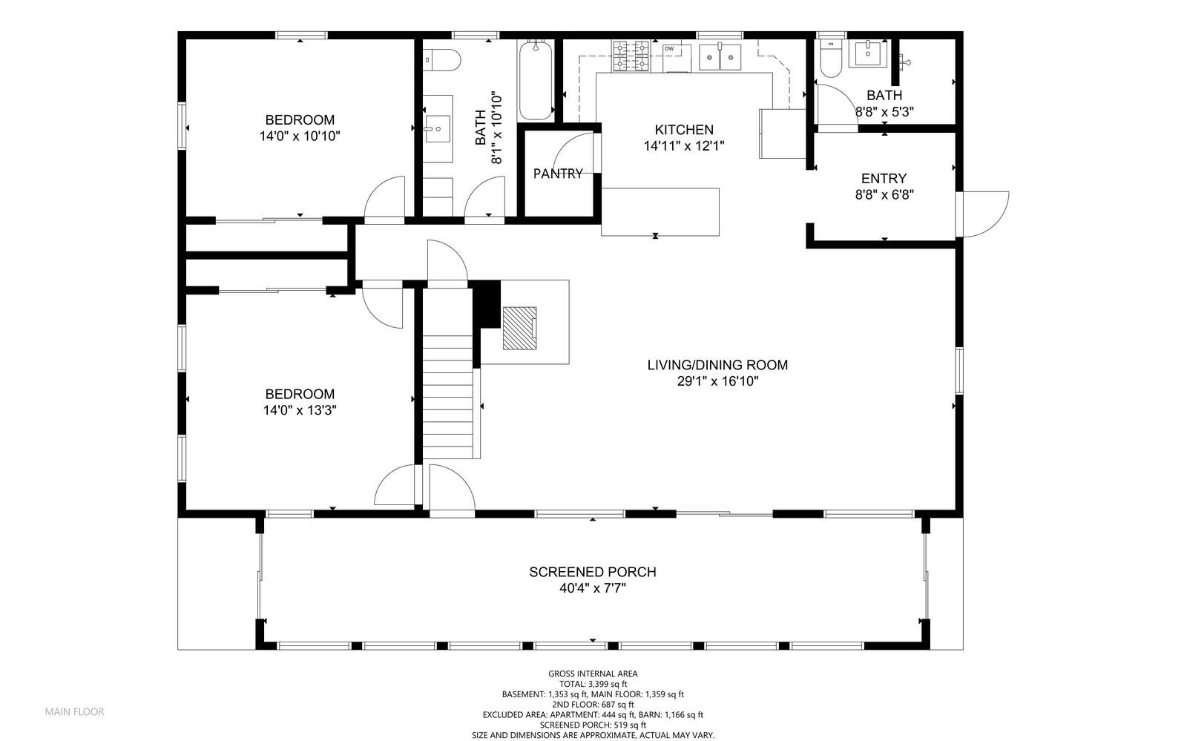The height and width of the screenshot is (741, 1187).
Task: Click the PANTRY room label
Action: pyautogui.click(x=557, y=174)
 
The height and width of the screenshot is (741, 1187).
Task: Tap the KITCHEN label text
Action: pyautogui.click(x=683, y=129)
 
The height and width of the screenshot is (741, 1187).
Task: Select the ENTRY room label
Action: pyautogui.click(x=884, y=178)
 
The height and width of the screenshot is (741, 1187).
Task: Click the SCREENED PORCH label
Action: pyautogui.click(x=593, y=571)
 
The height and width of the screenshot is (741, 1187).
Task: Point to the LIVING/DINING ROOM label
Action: pyautogui.click(x=717, y=364)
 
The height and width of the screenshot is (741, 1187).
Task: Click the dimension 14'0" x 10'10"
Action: pyautogui.click(x=300, y=136)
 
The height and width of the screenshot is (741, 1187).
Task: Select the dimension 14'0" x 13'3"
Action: pyautogui.click(x=300, y=410)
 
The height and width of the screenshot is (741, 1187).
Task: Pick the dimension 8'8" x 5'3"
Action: pyautogui.click(x=884, y=112)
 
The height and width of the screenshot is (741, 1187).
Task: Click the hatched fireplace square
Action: pyautogui.click(x=519, y=328)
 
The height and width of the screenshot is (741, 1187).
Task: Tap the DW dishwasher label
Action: pyautogui.click(x=669, y=49)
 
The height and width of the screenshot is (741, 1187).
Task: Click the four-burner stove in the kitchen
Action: pyautogui.click(x=631, y=56)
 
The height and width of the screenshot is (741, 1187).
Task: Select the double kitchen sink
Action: pyautogui.click(x=720, y=57)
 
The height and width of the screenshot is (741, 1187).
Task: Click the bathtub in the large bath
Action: pyautogui.click(x=536, y=80)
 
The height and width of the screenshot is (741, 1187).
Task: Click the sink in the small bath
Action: pyautogui.click(x=867, y=54)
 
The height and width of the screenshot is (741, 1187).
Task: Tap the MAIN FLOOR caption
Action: pyautogui.click(x=75, y=711)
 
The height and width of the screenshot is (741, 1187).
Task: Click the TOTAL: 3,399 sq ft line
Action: pyautogui.click(x=593, y=684)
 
